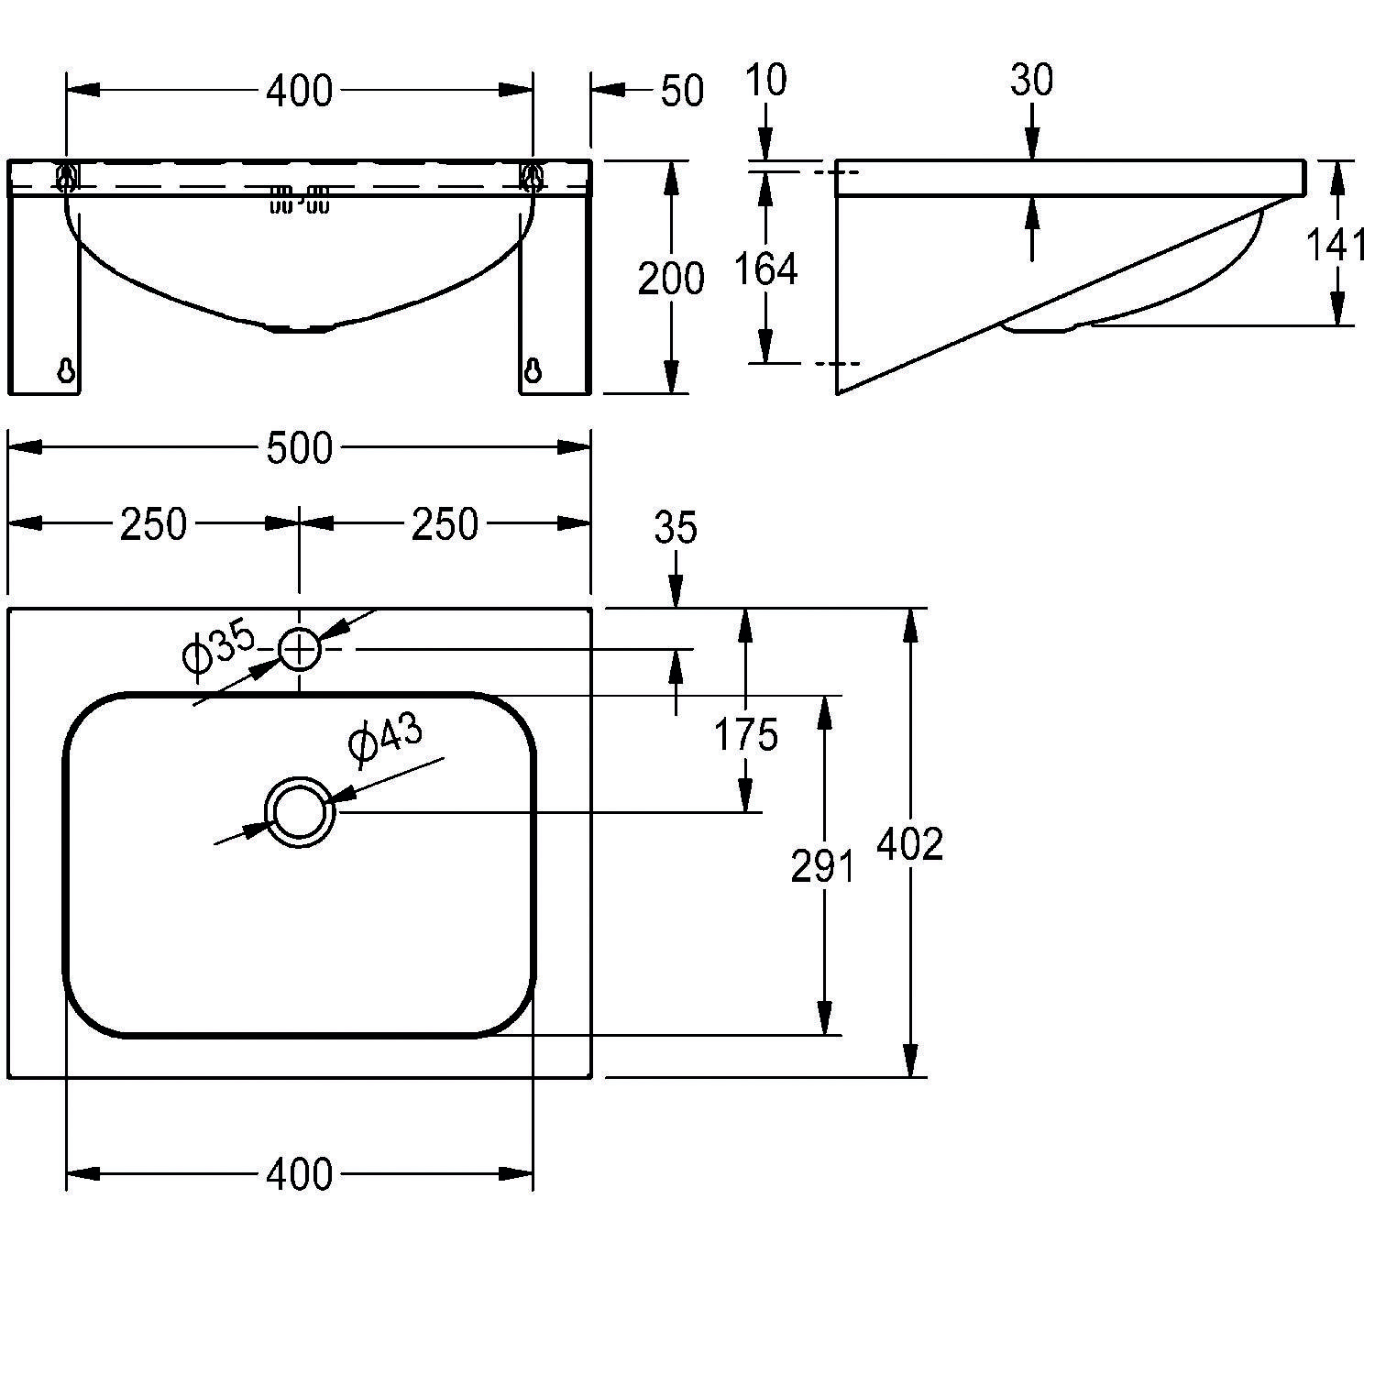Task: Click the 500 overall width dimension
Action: [x=299, y=448]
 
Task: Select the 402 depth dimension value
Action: [x=909, y=844]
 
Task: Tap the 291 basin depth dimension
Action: [x=822, y=866]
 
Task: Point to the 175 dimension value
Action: [x=746, y=735]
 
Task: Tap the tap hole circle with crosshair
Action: [x=299, y=650]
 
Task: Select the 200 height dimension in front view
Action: [x=671, y=279]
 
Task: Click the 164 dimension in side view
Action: [x=766, y=269]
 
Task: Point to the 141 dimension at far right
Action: [x=1335, y=245]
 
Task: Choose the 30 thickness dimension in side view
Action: [x=1032, y=81]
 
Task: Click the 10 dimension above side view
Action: [x=766, y=81]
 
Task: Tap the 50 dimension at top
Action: [x=682, y=91]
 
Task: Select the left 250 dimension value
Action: [x=153, y=524]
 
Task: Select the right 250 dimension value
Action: [x=445, y=524]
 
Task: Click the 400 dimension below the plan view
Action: [x=299, y=1174]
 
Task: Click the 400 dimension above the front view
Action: [x=299, y=91]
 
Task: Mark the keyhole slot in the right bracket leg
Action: [x=533, y=368]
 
